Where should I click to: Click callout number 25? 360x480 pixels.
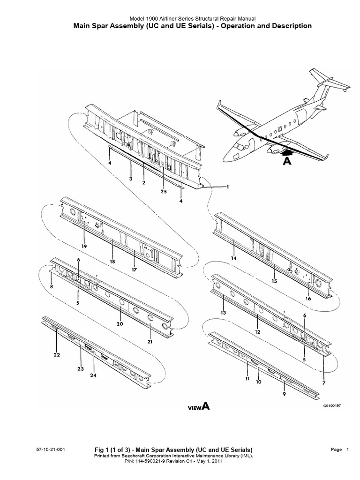click(164, 192)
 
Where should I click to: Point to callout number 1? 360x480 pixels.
click(228, 187)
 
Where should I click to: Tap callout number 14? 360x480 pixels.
click(233, 258)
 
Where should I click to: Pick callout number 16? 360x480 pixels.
click(308, 298)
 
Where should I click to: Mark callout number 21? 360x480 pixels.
click(150, 342)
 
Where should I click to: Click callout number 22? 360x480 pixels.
click(57, 355)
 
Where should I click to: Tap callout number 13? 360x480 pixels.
click(224, 313)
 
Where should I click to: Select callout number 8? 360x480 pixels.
click(51, 286)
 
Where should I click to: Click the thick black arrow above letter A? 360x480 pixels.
click(287, 151)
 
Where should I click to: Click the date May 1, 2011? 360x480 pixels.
click(208, 461)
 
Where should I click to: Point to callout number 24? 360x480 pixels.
click(93, 376)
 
